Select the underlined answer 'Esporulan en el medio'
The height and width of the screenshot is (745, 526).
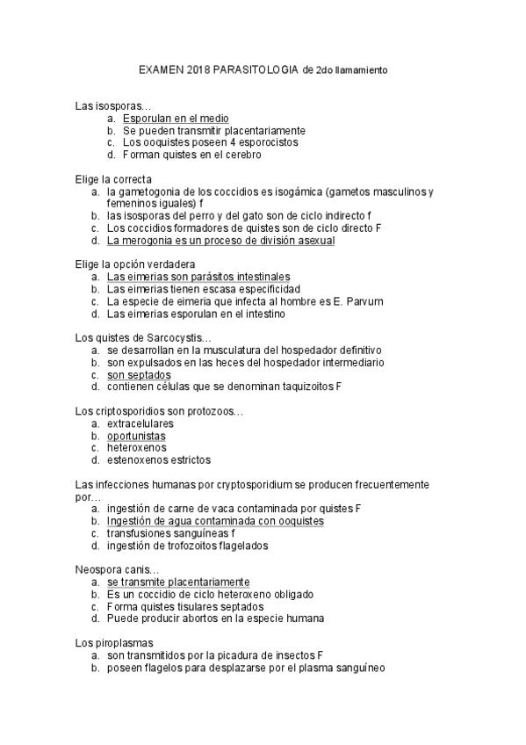tap(176, 118)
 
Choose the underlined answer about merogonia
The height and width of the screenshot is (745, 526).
tap(220, 240)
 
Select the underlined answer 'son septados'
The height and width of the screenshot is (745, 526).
tap(139, 374)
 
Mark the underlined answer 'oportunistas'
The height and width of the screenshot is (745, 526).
tap(136, 436)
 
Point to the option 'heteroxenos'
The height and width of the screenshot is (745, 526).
tap(136, 447)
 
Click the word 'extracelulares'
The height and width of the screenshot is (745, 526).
tap(140, 423)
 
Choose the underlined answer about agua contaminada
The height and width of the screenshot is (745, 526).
tap(215, 521)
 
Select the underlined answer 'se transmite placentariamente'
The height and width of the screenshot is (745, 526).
tap(178, 582)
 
